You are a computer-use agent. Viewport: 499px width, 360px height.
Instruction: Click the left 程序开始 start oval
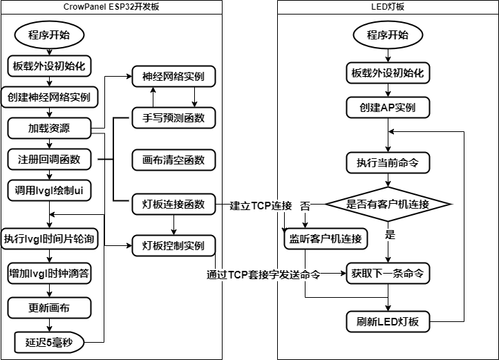tap(48, 34)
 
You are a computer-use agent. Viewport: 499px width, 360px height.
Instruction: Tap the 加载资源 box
tap(48, 129)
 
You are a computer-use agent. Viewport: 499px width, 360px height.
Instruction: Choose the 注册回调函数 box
tap(48, 160)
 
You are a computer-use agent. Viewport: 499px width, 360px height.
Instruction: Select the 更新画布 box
tap(48, 307)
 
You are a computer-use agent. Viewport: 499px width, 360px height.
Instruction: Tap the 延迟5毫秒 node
tap(48, 341)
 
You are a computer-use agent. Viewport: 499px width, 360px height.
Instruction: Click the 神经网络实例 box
tap(173, 76)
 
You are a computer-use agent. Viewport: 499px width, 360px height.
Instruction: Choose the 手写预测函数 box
tap(173, 118)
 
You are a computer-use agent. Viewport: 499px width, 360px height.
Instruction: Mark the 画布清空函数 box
tap(173, 160)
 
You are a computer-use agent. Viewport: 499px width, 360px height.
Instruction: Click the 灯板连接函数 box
tap(173, 204)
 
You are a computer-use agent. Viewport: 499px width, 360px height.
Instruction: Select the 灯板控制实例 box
tap(173, 245)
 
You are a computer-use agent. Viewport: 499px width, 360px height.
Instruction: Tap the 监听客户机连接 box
tap(326, 239)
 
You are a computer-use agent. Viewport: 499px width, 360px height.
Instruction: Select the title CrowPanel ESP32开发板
tap(111, 7)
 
